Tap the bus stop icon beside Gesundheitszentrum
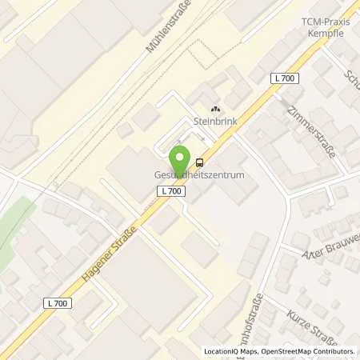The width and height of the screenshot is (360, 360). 199,162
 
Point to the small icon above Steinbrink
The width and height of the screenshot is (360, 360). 214,109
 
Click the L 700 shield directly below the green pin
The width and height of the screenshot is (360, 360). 172,191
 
